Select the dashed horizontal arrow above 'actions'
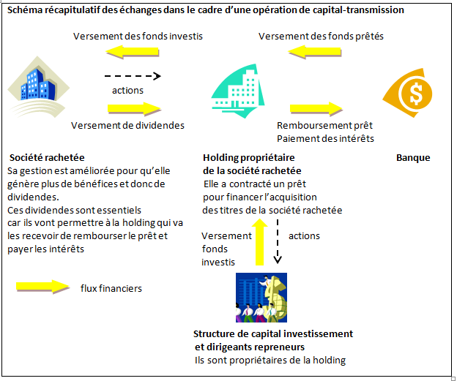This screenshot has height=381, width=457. click(132, 76)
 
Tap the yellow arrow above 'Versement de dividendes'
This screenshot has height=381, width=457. click(133, 108)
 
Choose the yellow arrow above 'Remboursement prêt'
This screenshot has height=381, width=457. click(316, 108)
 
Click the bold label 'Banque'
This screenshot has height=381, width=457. click(413, 157)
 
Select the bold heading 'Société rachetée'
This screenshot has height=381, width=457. click(47, 157)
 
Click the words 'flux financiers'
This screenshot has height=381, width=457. click(111, 288)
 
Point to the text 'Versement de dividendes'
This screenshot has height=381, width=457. click(127, 125)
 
